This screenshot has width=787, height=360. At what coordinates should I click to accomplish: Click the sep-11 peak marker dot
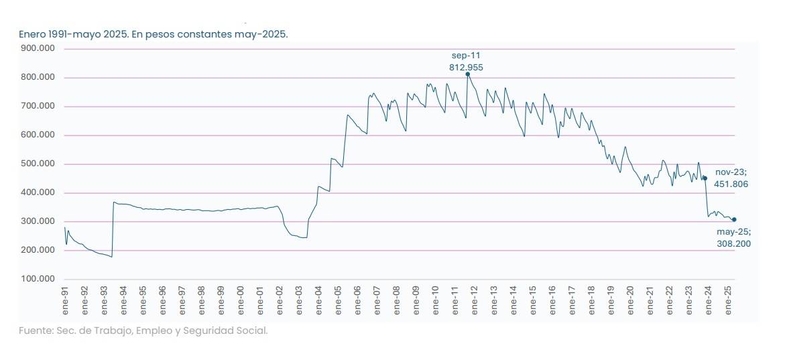pyautogui.click(x=467, y=74)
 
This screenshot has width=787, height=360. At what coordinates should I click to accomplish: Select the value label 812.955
pyautogui.click(x=466, y=67)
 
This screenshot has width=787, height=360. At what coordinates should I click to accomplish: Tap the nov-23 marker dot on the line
pyautogui.click(x=705, y=178)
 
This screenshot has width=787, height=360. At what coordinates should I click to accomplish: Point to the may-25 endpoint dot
pyautogui.click(x=734, y=219)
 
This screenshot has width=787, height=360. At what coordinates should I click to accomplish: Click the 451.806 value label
pyautogui.click(x=731, y=184)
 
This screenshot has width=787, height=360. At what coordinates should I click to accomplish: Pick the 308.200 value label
pyautogui.click(x=733, y=244)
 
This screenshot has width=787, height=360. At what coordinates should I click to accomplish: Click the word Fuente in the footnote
pyautogui.click(x=36, y=331)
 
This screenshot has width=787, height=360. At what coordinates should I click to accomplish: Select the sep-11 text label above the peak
pyautogui.click(x=466, y=55)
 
